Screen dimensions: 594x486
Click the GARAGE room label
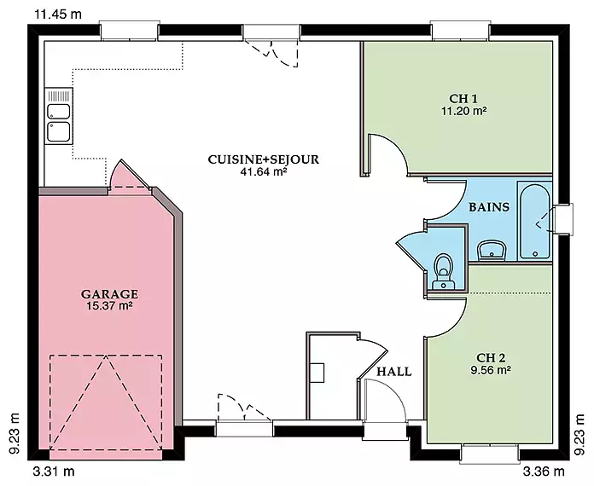(x=109, y=294)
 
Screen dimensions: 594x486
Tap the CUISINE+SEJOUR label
(x=263, y=159)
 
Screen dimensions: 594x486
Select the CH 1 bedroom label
(x=463, y=98)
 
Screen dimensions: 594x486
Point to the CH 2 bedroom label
(x=491, y=358)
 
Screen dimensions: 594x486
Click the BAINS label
(x=489, y=207)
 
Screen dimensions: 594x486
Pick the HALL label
(x=394, y=372)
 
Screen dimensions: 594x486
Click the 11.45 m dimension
(x=58, y=14)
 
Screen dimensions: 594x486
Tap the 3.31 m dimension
(x=54, y=472)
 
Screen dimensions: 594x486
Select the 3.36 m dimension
(x=544, y=472)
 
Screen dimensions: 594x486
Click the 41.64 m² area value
(x=263, y=172)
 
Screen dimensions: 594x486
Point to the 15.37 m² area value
(x=109, y=306)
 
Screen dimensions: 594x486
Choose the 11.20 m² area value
(x=463, y=111)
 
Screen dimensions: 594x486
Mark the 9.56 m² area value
(x=491, y=370)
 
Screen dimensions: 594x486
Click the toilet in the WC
(x=443, y=271)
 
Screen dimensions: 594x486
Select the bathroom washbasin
(x=492, y=250)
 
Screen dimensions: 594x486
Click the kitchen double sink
(x=58, y=115)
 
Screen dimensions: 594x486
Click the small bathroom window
(x=562, y=219)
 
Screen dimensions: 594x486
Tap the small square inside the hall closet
(x=317, y=373)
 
